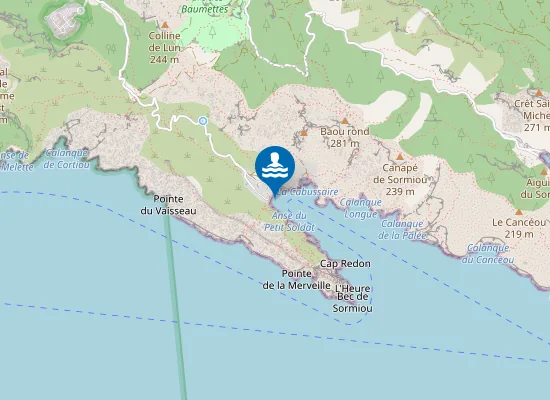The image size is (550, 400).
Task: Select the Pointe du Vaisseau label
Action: tap(168, 205)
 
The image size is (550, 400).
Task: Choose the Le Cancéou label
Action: tap(518, 227)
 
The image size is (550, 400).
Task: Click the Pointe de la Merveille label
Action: tap(296, 279)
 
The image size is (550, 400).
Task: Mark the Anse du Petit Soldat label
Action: tap(289, 221)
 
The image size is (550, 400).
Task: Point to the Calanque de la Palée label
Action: tap(404, 230)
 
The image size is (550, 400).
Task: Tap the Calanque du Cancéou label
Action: tap(487, 253)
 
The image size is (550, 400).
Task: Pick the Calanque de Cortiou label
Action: tap(67, 158)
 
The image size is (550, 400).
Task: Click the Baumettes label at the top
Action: tap(205, 9)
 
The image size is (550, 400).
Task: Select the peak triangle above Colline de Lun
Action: tap(164, 23)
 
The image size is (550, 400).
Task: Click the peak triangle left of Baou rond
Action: tap(304, 132)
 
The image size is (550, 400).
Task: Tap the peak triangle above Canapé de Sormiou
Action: tap(400, 157)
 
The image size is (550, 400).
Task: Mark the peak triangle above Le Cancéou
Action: tap(518, 211)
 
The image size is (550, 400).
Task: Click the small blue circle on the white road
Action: tap(202, 121)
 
